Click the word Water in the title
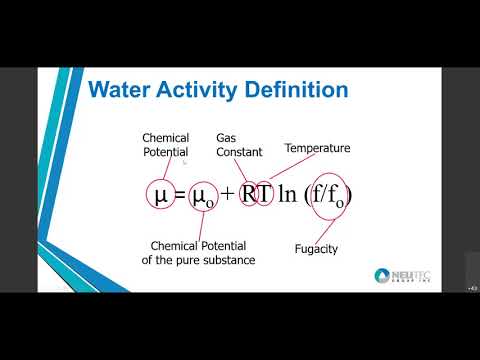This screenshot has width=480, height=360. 117,90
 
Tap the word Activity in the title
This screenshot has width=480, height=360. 195,90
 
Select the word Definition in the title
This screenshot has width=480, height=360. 296,90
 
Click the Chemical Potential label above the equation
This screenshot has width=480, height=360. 166,145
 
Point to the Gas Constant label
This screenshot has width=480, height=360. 239,145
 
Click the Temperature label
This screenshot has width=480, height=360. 317,148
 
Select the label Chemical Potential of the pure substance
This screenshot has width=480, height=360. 202,252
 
